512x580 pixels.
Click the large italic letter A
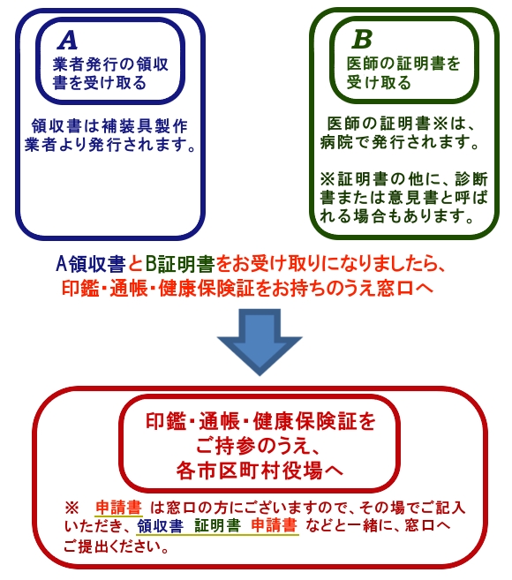pyautogui.click(x=68, y=40)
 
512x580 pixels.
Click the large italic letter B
pyautogui.click(x=362, y=39)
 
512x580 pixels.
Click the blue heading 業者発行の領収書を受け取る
pyautogui.click(x=110, y=73)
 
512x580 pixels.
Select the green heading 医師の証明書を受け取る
pyautogui.click(x=403, y=73)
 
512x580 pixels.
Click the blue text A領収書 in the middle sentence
pyautogui.click(x=91, y=264)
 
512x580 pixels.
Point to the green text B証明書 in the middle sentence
pyautogui.click(x=180, y=264)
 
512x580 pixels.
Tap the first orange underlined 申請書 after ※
pyautogui.click(x=118, y=507)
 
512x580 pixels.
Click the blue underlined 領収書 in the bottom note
pyautogui.click(x=160, y=525)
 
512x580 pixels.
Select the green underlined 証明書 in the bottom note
pyautogui.click(x=217, y=525)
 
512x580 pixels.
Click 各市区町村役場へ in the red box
pyautogui.click(x=260, y=471)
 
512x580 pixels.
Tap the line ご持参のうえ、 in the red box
pyautogui.click(x=258, y=446)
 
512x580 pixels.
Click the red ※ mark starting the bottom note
pyautogui.click(x=72, y=508)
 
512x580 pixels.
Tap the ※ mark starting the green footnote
pyautogui.click(x=327, y=179)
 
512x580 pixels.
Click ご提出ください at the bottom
pyautogui.click(x=114, y=546)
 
